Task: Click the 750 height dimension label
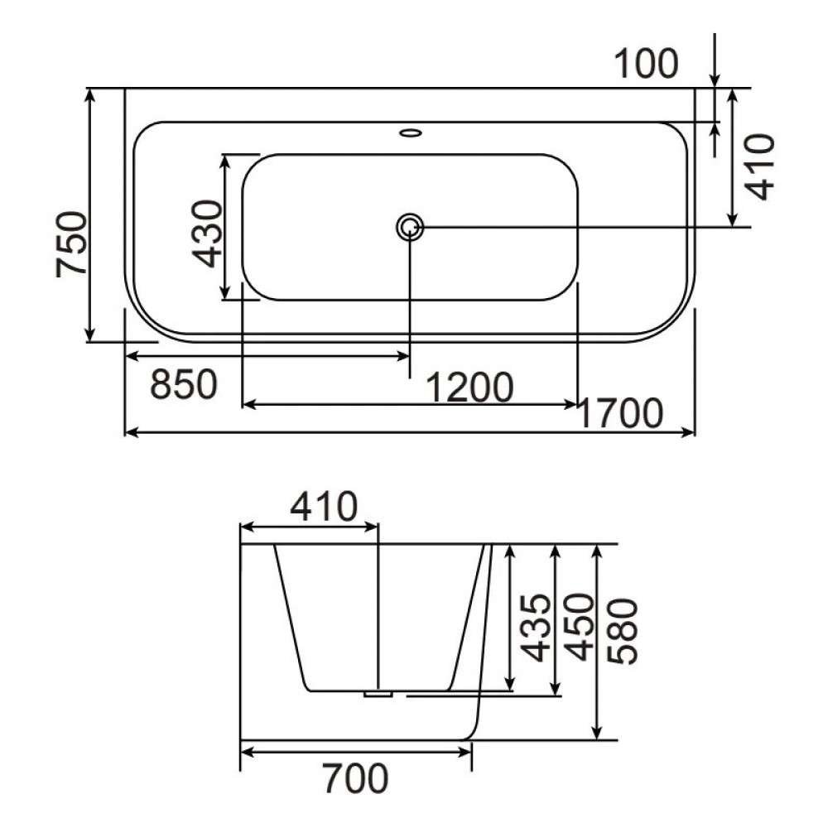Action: (x=71, y=244)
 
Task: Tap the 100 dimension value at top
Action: (x=646, y=64)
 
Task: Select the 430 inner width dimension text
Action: (x=206, y=233)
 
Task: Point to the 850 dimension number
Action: (x=184, y=384)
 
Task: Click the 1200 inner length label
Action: (x=469, y=388)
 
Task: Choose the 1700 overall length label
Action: (x=620, y=413)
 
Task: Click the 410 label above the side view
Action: (x=324, y=507)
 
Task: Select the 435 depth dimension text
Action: (x=534, y=628)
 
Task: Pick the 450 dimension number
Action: (x=579, y=628)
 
